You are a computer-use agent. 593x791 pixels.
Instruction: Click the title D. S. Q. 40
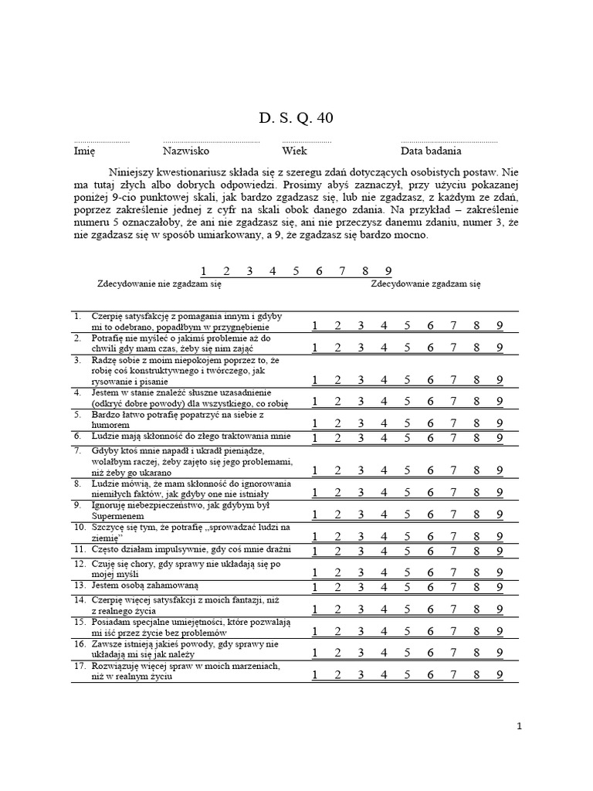(x=296, y=117)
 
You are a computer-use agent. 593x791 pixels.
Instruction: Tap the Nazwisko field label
(x=185, y=151)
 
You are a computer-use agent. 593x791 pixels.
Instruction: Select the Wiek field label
(x=294, y=151)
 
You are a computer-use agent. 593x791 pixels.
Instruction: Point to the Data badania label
(x=431, y=151)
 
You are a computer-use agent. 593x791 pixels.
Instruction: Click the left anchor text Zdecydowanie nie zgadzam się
(x=158, y=284)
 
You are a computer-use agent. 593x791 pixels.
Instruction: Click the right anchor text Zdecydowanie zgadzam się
(x=425, y=284)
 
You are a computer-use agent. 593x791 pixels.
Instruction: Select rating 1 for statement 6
(x=315, y=438)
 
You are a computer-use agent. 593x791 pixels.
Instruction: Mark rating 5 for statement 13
(x=407, y=586)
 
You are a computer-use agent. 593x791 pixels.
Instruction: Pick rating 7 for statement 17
(x=453, y=674)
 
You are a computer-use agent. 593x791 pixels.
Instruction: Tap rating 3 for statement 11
(x=361, y=551)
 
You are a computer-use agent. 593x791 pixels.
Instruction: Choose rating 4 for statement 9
(x=384, y=514)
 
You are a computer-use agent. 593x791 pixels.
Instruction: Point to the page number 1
(x=520, y=725)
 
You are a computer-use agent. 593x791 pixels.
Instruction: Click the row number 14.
(x=80, y=600)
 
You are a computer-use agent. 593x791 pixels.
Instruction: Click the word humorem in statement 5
(x=110, y=424)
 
